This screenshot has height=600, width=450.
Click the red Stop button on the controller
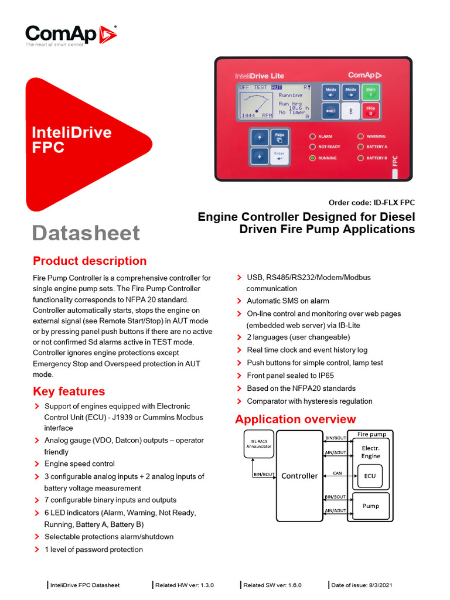(x=370, y=111)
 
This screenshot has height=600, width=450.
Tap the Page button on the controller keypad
(x=279, y=138)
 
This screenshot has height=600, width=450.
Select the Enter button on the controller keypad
(x=279, y=156)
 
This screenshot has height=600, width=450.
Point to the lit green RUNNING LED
(x=313, y=158)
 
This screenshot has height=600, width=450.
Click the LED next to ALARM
(x=313, y=136)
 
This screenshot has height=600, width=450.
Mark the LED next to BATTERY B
(x=360, y=158)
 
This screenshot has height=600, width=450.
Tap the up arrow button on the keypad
(x=259, y=138)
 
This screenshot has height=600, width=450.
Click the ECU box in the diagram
(x=370, y=476)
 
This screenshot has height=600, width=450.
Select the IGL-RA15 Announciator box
(x=258, y=443)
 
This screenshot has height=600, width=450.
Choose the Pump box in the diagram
(x=370, y=506)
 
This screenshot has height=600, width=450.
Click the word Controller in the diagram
(x=299, y=476)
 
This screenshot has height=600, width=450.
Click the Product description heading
(x=90, y=261)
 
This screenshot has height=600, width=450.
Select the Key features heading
(x=69, y=391)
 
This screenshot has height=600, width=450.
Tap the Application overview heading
(x=295, y=419)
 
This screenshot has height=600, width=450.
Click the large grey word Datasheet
(x=86, y=233)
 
